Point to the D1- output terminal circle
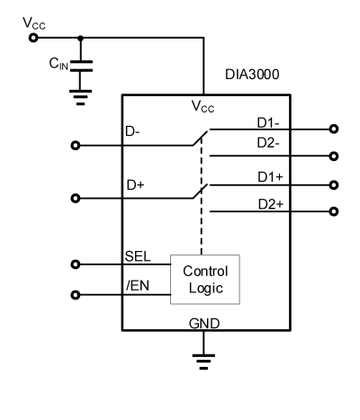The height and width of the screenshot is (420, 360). coord(335,129)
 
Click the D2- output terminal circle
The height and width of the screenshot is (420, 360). coord(335,156)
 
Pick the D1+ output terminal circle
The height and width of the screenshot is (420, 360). coord(335,185)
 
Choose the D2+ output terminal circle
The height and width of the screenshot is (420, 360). coord(335,212)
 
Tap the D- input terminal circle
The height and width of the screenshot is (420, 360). coord(75,145)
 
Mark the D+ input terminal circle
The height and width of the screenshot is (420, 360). coord(75,198)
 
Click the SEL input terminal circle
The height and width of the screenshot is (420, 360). coord(75,264)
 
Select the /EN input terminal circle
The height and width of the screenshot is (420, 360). coord(75,294)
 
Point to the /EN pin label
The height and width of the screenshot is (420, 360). coord(136,286)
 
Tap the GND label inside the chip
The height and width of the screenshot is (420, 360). coord(205,323)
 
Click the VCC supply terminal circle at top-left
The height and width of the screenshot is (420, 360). coord(32,38)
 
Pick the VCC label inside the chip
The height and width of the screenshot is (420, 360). coord(202,106)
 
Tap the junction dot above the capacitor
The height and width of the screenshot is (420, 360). coord(81,38)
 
